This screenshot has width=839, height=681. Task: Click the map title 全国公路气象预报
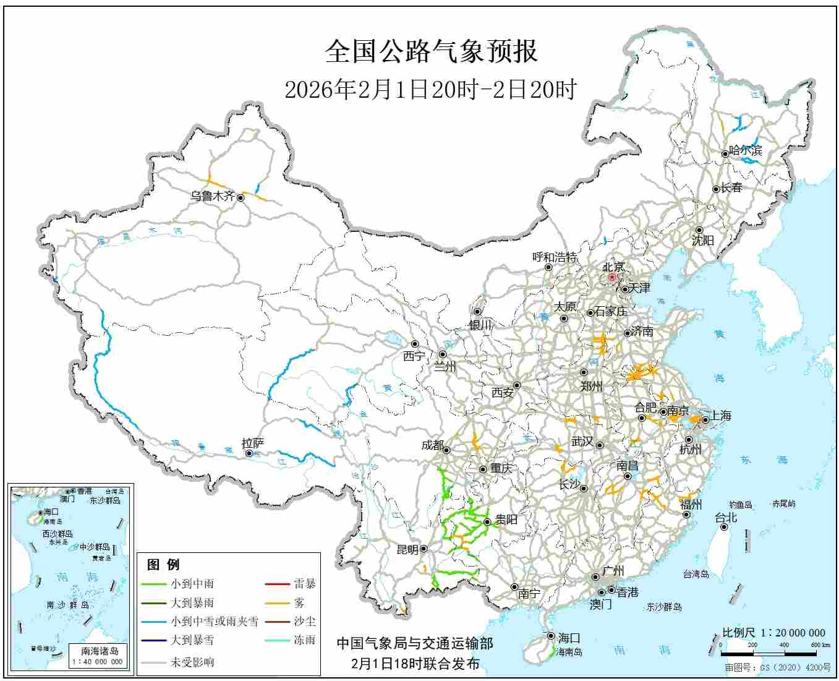[x=431, y=52]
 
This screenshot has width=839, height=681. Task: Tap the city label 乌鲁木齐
[x=212, y=196]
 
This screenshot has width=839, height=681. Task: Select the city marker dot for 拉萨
[x=249, y=453]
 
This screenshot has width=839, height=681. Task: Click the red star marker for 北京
[x=612, y=278]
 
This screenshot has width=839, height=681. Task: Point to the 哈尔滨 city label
[x=746, y=150]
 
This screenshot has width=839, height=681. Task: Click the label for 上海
[x=721, y=416]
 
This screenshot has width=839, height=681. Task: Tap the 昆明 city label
[x=407, y=549]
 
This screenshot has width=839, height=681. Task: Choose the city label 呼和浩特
[x=555, y=257]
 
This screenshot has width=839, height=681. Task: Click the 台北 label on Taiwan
[x=726, y=518]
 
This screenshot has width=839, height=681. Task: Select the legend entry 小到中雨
[x=192, y=583]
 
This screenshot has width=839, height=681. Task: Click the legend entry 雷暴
[x=304, y=583]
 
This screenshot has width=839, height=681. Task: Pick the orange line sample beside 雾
[x=277, y=602]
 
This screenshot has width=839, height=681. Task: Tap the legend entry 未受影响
[x=192, y=662]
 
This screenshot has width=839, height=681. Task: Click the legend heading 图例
[x=163, y=564]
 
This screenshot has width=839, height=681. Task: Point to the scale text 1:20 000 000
[x=792, y=633]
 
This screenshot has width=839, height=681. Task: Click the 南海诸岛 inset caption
[x=100, y=651]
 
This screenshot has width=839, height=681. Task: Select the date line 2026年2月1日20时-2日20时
[x=430, y=90]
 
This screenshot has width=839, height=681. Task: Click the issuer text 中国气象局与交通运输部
[x=415, y=644]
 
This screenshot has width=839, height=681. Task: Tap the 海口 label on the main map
[x=569, y=638]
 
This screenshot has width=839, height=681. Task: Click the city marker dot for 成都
[x=446, y=450]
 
